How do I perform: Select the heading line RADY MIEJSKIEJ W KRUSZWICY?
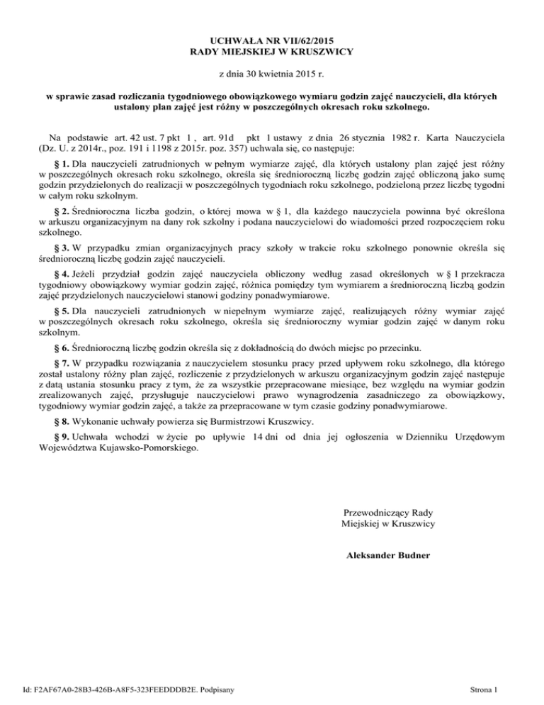pyautogui.click(x=272, y=52)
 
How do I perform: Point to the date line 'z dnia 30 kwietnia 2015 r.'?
pyautogui.click(x=272, y=73)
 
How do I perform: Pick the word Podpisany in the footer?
pyautogui.click(x=220, y=688)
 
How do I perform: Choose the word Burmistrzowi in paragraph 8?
pyautogui.click(x=227, y=422)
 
